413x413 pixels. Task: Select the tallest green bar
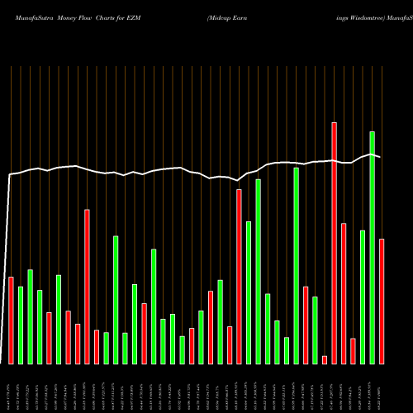[372, 248]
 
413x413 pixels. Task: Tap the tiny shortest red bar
[325, 359]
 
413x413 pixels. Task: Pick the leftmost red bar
[11, 320]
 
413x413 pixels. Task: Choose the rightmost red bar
[382, 301]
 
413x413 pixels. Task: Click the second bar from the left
[21, 325]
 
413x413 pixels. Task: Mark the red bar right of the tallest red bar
[344, 293]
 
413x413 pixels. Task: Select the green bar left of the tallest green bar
[363, 297]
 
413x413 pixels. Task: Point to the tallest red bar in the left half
[87, 287]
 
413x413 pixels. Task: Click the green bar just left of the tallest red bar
[315, 330]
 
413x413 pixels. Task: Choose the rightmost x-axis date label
[380, 388]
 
